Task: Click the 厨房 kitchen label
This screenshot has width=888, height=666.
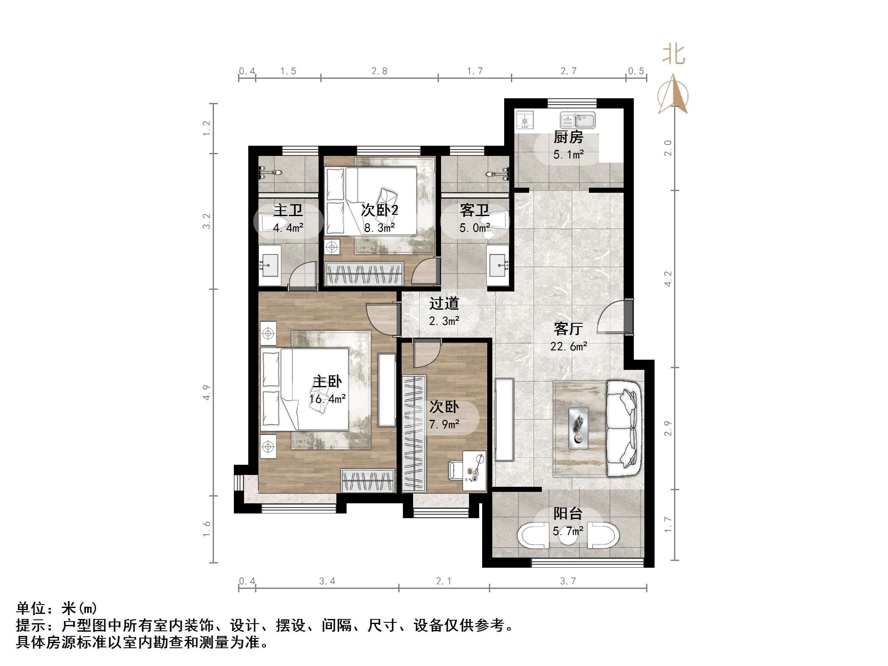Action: pos(568,137)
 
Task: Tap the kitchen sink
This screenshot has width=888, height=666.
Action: pos(577,120)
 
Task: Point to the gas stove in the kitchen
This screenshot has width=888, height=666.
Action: pos(525,120)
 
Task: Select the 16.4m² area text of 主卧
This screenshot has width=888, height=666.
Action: pos(327,399)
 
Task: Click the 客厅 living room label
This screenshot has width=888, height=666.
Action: pos(568,329)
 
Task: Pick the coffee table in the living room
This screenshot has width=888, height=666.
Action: pos(578,428)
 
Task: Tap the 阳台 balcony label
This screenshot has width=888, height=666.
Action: pos(568,513)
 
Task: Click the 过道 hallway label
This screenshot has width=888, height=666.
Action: pos(444,303)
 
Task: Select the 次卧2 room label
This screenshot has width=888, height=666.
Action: pos(380,210)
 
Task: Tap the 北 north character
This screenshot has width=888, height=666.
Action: pos(674,55)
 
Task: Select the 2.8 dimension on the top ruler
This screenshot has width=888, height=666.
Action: pos(379,71)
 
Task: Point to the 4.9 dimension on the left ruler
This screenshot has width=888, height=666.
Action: pos(206,392)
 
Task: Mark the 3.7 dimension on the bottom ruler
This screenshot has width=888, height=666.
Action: pos(568,581)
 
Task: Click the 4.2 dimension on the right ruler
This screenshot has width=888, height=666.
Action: pos(668,279)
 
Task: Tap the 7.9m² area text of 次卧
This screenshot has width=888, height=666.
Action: pos(444,424)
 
